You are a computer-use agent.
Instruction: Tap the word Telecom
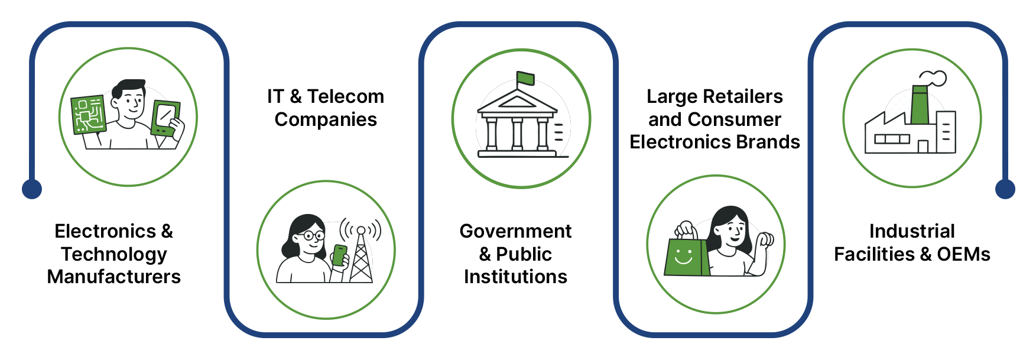[346, 96]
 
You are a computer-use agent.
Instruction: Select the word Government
[515, 231]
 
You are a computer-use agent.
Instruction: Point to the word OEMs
[963, 254]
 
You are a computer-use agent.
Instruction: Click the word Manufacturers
[114, 277]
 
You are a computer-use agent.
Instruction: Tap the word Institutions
[515, 277]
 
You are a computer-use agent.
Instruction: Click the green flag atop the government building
[525, 78]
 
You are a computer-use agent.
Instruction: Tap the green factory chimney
[920, 105]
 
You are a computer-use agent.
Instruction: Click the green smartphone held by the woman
[339, 255]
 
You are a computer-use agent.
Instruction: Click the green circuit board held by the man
[88, 115]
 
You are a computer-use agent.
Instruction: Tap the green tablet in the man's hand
[166, 119]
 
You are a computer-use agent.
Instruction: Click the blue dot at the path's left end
[32, 189]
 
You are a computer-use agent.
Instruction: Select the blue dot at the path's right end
[1005, 189]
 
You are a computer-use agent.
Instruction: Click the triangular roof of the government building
[517, 102]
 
